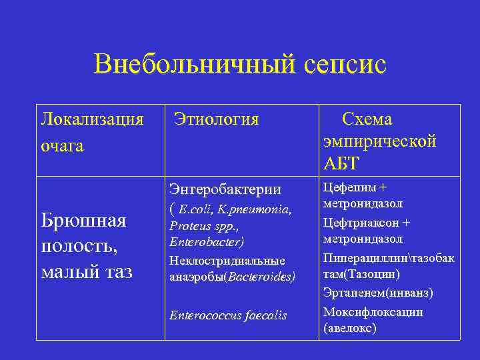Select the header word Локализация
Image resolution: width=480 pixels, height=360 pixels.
[x=92, y=119]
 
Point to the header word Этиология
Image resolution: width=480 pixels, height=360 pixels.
[x=216, y=119]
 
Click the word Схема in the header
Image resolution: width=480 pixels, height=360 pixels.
[x=367, y=119]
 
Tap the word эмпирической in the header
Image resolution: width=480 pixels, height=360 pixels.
[x=380, y=141]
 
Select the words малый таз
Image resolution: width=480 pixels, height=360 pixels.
[x=86, y=271]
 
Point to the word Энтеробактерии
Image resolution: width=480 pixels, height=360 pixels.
[x=225, y=189]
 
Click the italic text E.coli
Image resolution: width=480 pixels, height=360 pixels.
[x=195, y=209]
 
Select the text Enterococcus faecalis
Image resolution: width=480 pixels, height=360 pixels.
[x=228, y=315]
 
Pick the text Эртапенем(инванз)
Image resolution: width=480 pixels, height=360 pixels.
[x=377, y=292]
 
